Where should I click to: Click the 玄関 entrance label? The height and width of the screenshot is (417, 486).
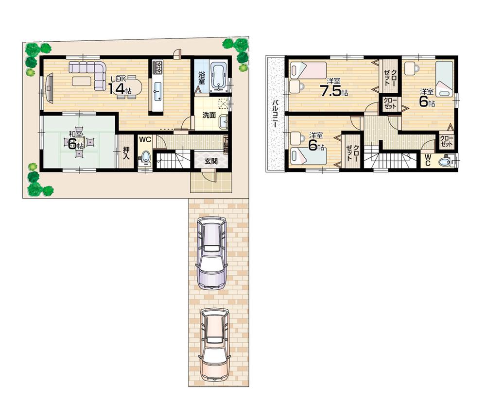pos(210,161)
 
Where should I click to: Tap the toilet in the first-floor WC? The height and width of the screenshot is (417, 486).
pos(145,157)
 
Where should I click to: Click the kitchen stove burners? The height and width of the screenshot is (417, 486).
pos(158,68)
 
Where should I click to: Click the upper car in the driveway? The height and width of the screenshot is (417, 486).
pos(211,251)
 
